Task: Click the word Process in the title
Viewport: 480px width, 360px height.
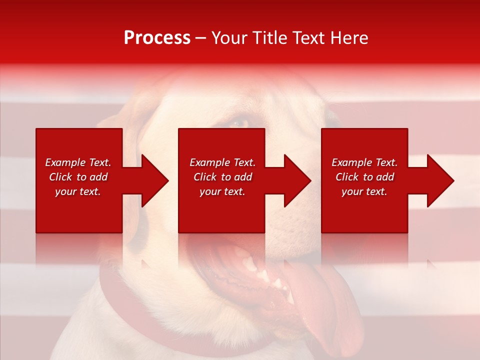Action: point(157,38)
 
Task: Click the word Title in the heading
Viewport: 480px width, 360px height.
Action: point(269,38)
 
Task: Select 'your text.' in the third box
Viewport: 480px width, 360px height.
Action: point(364,191)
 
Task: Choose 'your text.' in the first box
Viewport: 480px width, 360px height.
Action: point(77,191)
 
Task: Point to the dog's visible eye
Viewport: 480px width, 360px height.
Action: point(240,122)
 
